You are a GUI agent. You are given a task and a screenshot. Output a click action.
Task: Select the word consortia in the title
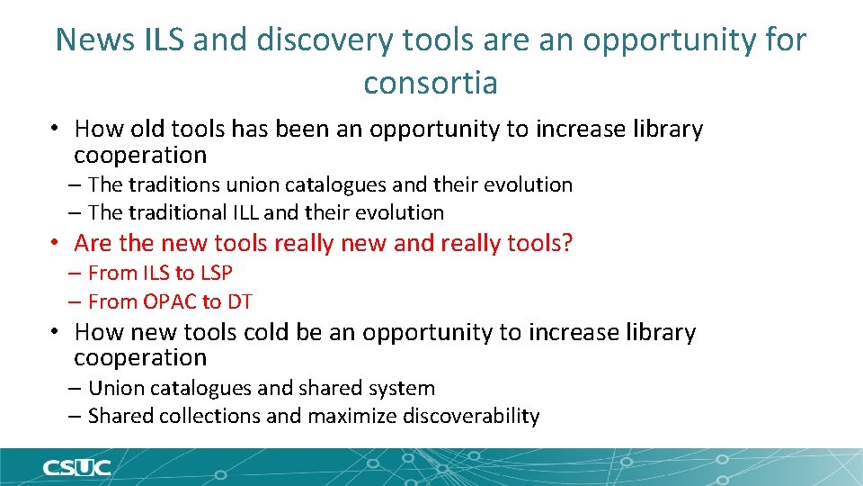(431, 83)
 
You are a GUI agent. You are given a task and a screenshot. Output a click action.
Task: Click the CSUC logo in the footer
(76, 468)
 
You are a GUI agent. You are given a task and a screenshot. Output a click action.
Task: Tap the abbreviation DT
(240, 301)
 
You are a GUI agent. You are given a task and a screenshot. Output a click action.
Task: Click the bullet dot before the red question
(55, 243)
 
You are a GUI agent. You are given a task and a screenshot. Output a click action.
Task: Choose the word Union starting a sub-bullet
(115, 388)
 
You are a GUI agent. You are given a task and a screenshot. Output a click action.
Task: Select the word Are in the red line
(93, 243)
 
